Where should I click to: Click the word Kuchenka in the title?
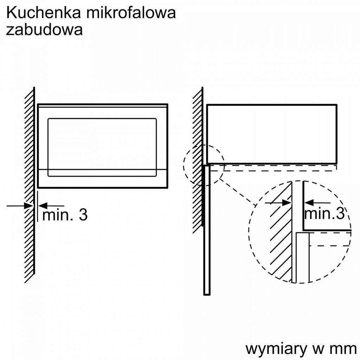pyautogui.click(x=43, y=13)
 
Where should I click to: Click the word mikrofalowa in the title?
pyautogui.click(x=131, y=13)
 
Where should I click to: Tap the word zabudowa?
pyautogui.click(x=44, y=30)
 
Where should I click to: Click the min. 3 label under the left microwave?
pyautogui.click(x=65, y=215)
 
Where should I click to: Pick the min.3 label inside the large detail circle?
pyautogui.click(x=324, y=213)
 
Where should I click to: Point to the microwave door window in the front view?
pyautogui.click(x=102, y=147)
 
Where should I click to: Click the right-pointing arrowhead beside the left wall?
pyautogui.click(x=29, y=206)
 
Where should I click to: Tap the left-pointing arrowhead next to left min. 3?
pyautogui.click(x=43, y=206)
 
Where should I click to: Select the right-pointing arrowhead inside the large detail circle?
pyautogui.click(x=287, y=203)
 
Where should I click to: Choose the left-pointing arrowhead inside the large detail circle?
pyautogui.click(x=309, y=203)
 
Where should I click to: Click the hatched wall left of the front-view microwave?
pyautogui.click(x=30, y=185)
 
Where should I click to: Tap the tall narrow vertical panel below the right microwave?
pyautogui.click(x=207, y=230)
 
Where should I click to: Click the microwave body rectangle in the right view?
pyautogui.click(x=272, y=134)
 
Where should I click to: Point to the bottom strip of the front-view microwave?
pyautogui.click(x=103, y=179)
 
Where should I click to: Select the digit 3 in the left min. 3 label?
pyautogui.click(x=83, y=215)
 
